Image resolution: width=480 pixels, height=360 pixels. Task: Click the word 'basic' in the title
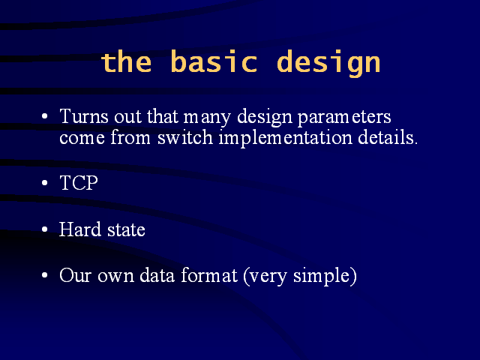click(x=214, y=61)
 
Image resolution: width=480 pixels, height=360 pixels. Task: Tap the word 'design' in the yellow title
click(x=328, y=63)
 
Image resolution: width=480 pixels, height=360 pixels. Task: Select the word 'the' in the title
click(x=126, y=62)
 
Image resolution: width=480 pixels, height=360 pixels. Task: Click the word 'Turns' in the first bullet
click(x=84, y=116)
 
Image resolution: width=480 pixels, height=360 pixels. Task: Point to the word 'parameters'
click(x=344, y=118)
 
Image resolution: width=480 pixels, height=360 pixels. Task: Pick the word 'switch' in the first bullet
click(x=185, y=137)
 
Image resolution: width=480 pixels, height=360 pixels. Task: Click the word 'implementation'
click(x=286, y=138)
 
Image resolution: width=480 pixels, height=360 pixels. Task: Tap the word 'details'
click(x=388, y=137)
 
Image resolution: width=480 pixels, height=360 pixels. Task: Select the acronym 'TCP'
click(x=79, y=183)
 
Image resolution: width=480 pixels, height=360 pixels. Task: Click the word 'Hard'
click(x=80, y=229)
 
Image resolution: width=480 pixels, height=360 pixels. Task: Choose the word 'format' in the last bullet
click(x=209, y=274)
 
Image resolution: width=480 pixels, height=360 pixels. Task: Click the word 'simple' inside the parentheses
click(x=322, y=277)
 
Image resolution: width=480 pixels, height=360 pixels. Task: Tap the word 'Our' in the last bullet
click(x=75, y=275)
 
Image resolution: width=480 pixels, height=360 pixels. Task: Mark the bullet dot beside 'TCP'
click(x=45, y=183)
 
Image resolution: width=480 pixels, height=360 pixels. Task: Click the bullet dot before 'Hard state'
click(x=45, y=229)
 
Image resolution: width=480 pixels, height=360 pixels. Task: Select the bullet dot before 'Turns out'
click(x=45, y=116)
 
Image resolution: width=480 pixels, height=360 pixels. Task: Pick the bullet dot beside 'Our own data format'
click(x=45, y=275)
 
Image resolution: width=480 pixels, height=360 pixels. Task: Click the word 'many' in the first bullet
click(x=207, y=118)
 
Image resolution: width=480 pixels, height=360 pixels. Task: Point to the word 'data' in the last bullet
click(x=157, y=274)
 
